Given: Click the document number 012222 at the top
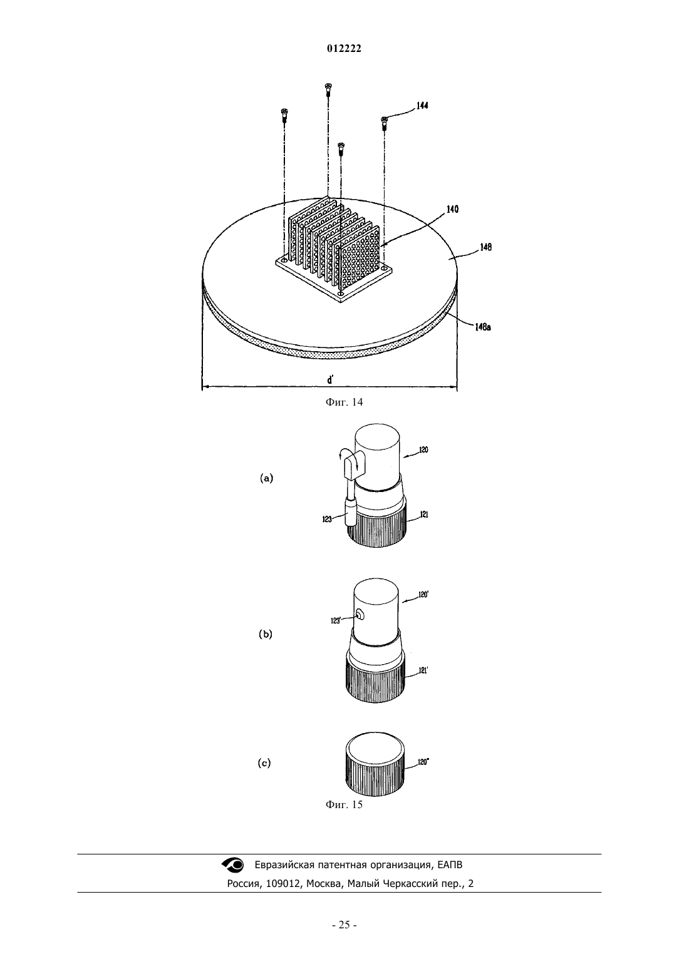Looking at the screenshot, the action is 344,49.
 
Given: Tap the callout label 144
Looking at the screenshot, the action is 422,105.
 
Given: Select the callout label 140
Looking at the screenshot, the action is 452,209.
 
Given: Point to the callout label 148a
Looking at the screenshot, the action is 483,327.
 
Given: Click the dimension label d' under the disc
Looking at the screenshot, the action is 331,379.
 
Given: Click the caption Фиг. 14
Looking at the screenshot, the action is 344,402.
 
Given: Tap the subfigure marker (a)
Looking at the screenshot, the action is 266,478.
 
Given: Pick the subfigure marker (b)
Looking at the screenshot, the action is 266,634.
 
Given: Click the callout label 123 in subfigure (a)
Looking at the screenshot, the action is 327,519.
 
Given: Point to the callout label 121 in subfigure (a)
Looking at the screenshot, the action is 424,515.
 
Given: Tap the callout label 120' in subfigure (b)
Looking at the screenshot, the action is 423,595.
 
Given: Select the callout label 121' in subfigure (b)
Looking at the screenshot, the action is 423,670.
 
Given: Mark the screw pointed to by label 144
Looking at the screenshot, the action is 384,123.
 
